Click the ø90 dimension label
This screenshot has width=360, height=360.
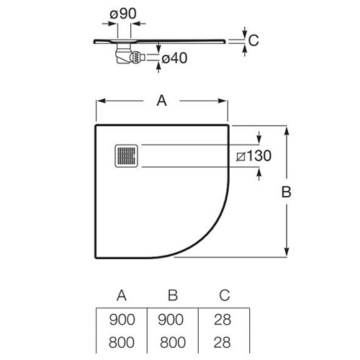point(123,14)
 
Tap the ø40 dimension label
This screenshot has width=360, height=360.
point(174,58)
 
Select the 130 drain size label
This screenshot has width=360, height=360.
point(259,156)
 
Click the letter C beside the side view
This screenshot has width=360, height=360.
point(253,40)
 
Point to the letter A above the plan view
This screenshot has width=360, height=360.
point(161,101)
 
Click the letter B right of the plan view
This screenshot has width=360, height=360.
point(286,192)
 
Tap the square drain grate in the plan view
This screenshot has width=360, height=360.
point(127,156)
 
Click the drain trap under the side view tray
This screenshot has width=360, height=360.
point(130,54)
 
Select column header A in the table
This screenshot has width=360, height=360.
point(122,295)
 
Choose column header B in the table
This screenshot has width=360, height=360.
point(173,295)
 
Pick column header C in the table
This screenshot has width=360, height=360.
point(225,295)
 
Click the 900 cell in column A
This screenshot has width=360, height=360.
point(122,320)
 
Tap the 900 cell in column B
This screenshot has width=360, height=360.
point(171,320)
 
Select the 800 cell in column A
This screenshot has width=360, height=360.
point(122,343)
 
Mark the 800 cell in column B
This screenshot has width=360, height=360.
point(173,343)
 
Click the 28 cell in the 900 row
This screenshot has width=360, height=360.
point(222,320)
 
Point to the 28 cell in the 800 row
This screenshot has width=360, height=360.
point(222,343)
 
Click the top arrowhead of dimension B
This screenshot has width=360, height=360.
point(287,130)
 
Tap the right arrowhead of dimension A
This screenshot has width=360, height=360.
point(222,101)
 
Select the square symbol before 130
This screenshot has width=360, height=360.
point(240,156)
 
